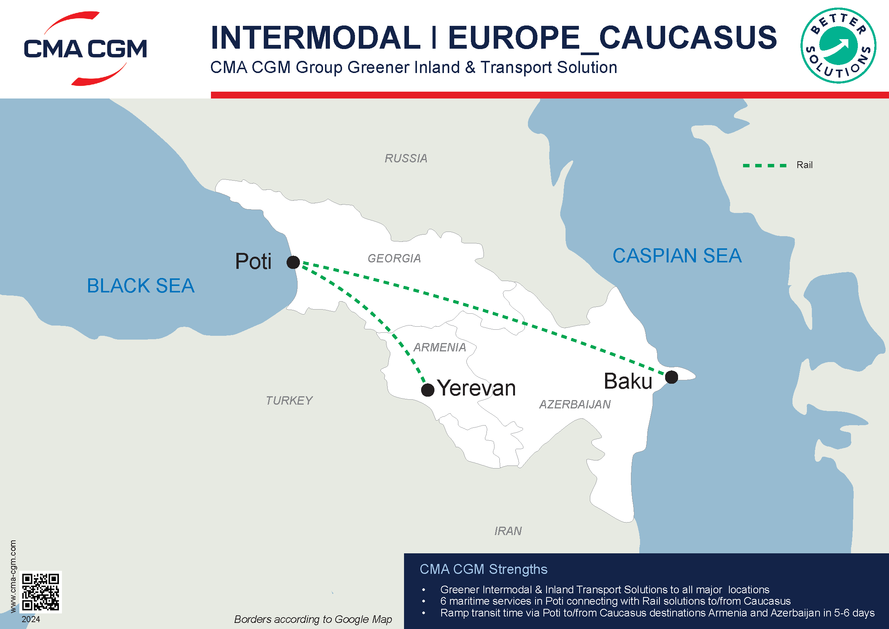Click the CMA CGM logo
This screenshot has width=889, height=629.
tap(85, 48)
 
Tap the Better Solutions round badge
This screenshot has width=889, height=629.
tap(838, 46)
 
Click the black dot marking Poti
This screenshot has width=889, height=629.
tap(293, 262)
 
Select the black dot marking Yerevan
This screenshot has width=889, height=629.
tap(428, 390)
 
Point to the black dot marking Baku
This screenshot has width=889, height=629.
tap(671, 377)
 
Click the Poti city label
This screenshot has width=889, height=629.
tap(253, 261)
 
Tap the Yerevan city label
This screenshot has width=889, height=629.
tap(477, 388)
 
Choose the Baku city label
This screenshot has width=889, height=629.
tap(628, 381)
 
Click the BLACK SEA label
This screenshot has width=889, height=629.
tap(141, 286)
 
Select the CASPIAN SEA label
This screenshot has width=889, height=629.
tap(677, 256)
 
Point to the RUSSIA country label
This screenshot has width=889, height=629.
tap(406, 159)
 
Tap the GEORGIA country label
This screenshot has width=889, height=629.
tap(394, 258)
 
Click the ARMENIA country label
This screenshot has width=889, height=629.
tap(439, 348)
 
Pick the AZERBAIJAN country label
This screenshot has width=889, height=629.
tap(575, 405)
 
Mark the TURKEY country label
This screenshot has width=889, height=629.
tap(289, 400)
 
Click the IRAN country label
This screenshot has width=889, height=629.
tap(508, 531)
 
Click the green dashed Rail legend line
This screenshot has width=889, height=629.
tap(764, 166)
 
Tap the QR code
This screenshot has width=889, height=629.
tap(41, 592)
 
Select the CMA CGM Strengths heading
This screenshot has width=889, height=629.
tap(483, 569)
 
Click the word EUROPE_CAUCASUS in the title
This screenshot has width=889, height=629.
tap(612, 38)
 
